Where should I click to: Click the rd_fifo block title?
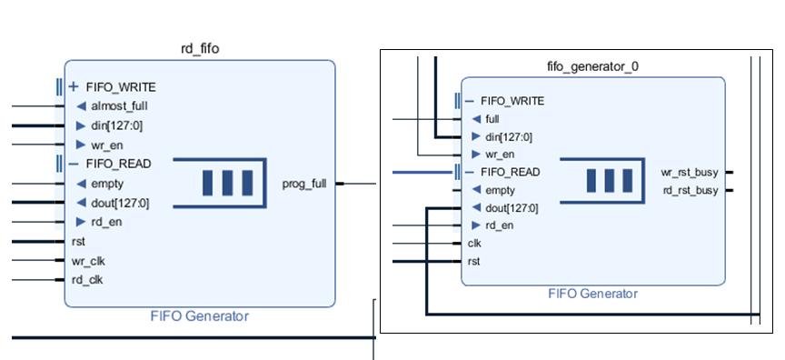click(200, 49)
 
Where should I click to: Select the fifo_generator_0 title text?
click(592, 66)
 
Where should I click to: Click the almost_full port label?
click(118, 106)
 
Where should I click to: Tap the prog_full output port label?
click(304, 184)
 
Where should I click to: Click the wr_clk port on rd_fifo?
click(88, 261)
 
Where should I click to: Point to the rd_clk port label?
click(87, 280)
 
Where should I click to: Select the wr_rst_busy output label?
click(690, 173)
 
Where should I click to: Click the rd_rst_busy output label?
click(690, 190)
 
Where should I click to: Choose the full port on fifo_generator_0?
click(492, 119)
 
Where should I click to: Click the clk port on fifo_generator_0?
click(474, 244)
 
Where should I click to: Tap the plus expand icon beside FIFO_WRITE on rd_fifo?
click(74, 87)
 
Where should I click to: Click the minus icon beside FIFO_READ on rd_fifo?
click(74, 164)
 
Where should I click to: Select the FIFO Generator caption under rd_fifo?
click(199, 316)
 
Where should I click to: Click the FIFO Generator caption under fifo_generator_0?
click(592, 294)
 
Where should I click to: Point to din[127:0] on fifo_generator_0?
click(509, 137)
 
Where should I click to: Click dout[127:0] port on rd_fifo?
click(119, 203)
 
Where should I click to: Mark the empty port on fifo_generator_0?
click(500, 190)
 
